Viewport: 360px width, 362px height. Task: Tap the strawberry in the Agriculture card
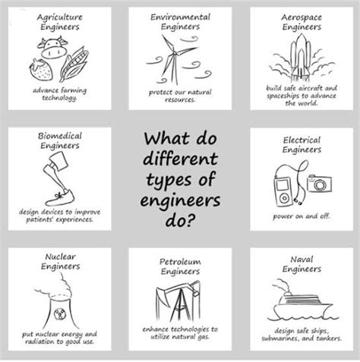[36, 71]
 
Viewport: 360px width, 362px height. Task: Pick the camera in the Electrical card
[319, 184]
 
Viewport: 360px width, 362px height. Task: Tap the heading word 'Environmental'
[179, 16]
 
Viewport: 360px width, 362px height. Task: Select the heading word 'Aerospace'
[302, 16]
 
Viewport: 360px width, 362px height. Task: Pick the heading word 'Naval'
[302, 258]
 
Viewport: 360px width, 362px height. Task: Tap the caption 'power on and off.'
[302, 216]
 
